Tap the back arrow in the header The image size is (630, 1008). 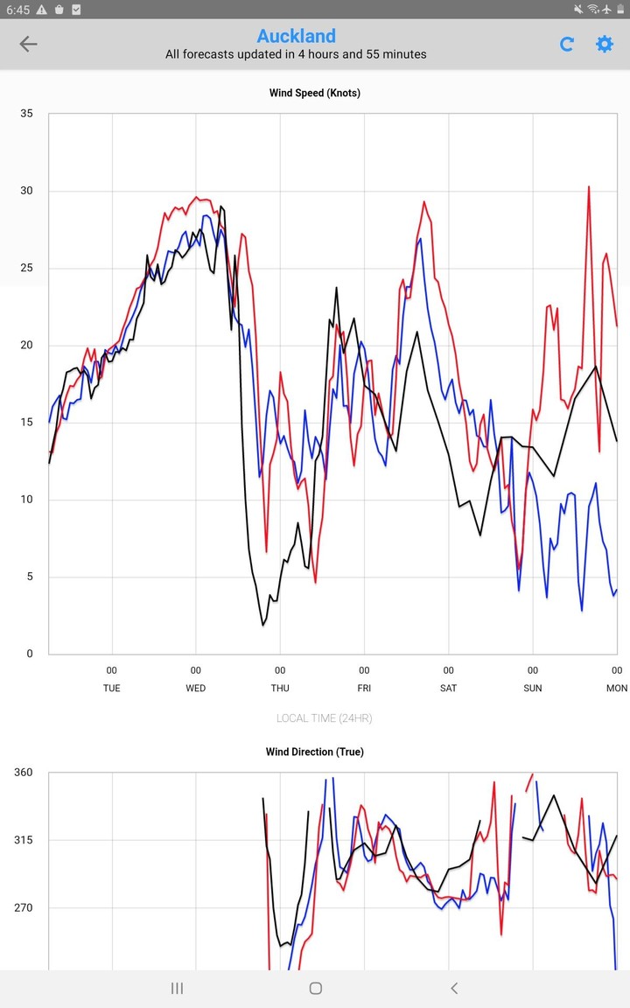coord(29,44)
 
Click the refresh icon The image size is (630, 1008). coord(567,44)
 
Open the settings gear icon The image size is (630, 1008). coord(605,44)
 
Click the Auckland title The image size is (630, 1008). coord(296,36)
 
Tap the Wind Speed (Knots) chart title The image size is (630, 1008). coord(315,93)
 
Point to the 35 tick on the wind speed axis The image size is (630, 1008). coord(26,114)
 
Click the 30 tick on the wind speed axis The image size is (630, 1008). coord(26,191)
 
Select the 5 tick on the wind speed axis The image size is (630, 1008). coord(29,577)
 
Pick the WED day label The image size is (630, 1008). coord(196,688)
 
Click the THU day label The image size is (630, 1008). coord(280,688)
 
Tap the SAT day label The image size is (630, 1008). coord(448,688)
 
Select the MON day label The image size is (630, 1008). coord(617,688)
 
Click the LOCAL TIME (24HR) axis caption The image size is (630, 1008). coord(324,718)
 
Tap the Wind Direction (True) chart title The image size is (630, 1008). coord(315,752)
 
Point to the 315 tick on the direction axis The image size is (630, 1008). coord(24,840)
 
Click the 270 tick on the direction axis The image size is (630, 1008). coord(24,907)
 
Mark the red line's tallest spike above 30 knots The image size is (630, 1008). coord(589,187)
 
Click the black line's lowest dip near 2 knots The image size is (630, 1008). coord(262,625)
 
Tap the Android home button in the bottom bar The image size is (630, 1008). coord(315,988)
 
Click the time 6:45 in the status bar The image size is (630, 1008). coord(17,9)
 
